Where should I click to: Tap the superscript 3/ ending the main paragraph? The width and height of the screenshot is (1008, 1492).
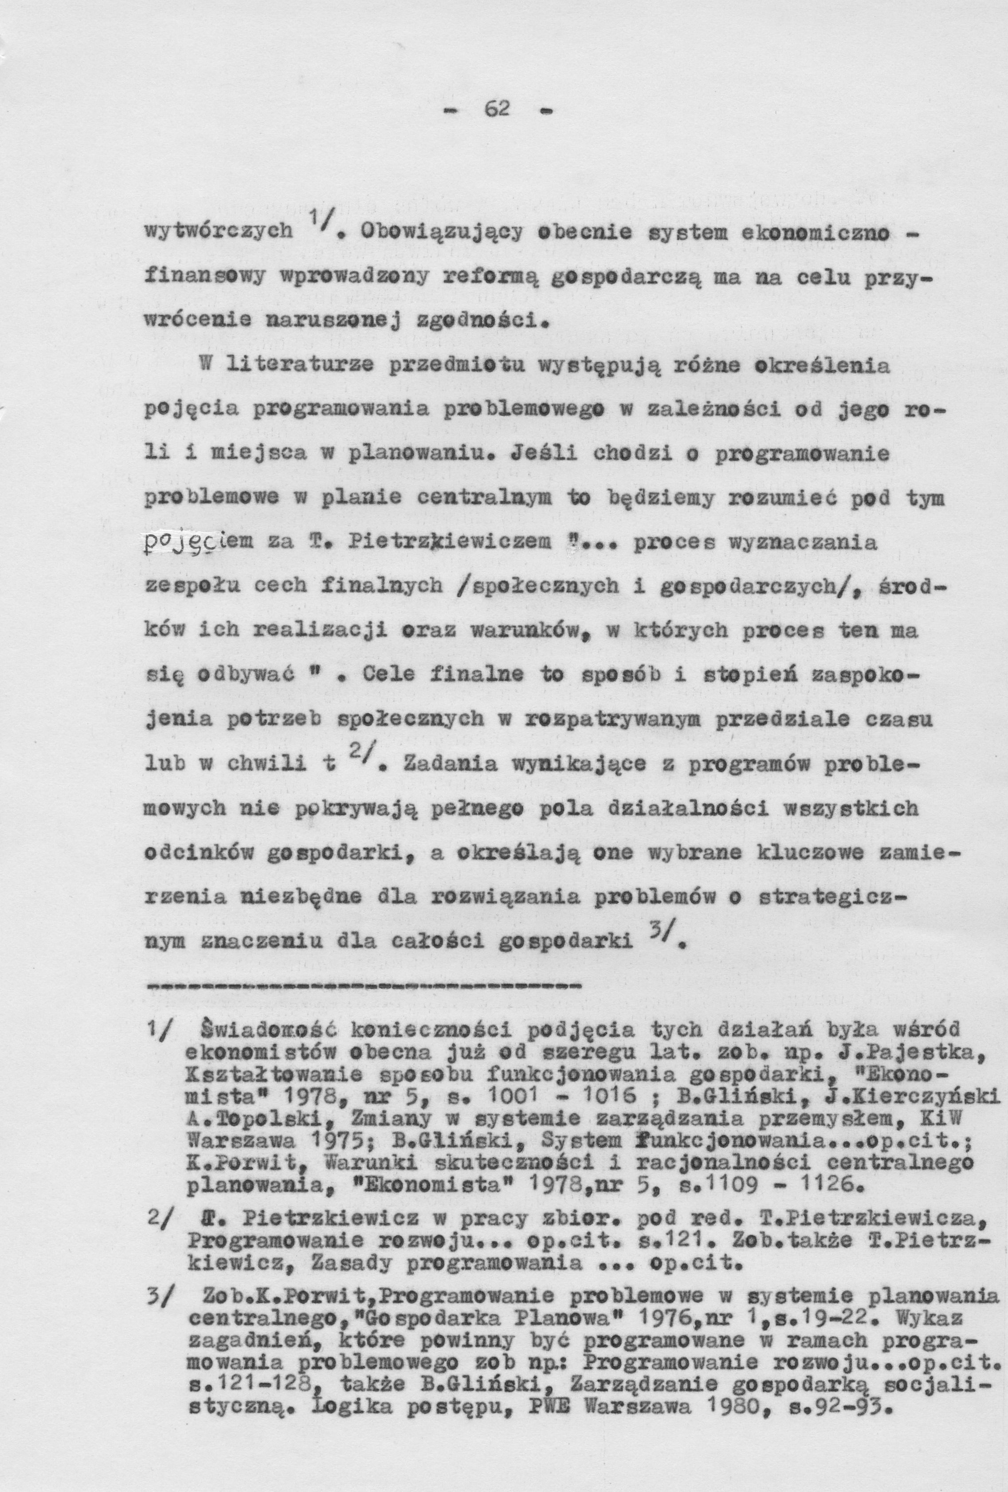pos(659,941)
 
